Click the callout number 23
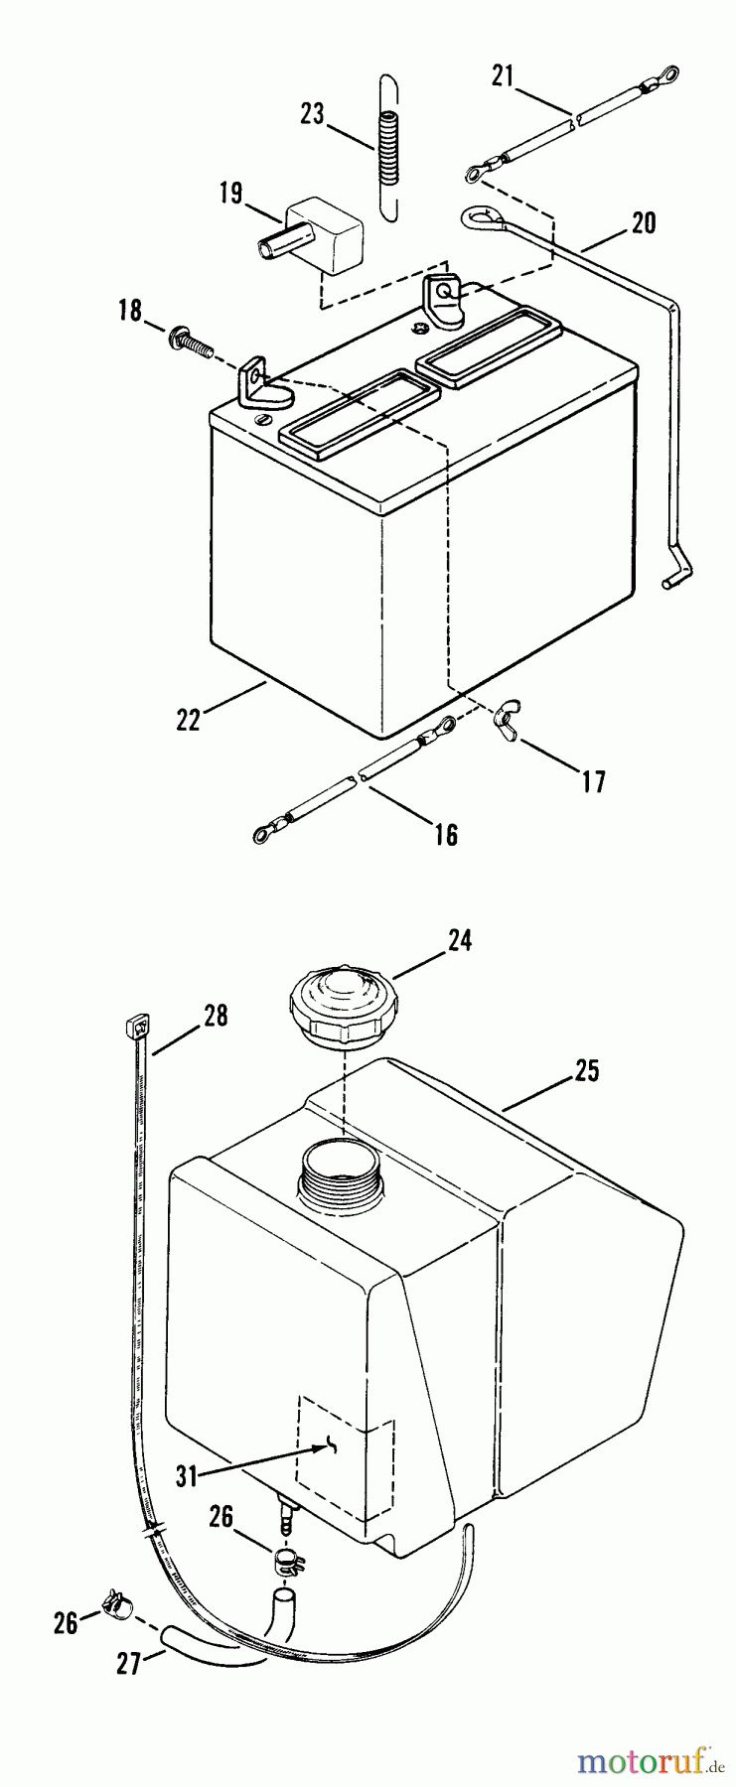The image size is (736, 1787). pos(312,114)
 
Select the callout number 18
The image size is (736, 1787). pos(130,310)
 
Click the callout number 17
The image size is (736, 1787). pos(593,781)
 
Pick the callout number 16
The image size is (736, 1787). pos(447,834)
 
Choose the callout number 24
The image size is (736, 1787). pos(459,939)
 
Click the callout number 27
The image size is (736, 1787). pos(129,1663)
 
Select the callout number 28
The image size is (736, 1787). pos(215,1016)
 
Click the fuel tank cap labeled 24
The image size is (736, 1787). pos(342,1006)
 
